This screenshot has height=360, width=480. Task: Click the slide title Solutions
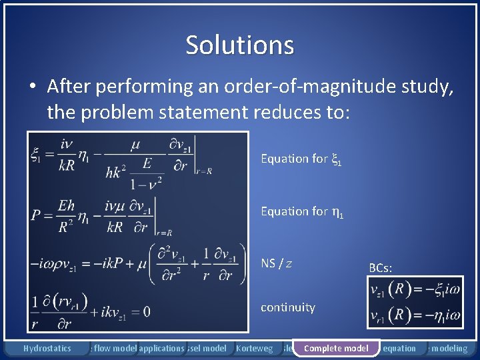[239, 45]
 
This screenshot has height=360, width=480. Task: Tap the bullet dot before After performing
[32, 87]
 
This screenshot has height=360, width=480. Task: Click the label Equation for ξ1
[301, 159]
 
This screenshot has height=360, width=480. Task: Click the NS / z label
[277, 264]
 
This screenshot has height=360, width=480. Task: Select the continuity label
[287, 307]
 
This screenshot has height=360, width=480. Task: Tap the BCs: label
[381, 268]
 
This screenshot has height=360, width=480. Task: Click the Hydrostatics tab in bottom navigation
[47, 348]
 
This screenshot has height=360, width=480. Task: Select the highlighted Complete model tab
[336, 348]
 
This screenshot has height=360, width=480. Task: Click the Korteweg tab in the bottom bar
[254, 348]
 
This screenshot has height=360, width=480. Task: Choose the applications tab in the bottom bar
[161, 348]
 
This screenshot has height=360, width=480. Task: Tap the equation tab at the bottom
[399, 348]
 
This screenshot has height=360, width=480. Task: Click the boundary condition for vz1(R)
[413, 290]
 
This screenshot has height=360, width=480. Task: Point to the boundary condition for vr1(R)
[413, 314]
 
